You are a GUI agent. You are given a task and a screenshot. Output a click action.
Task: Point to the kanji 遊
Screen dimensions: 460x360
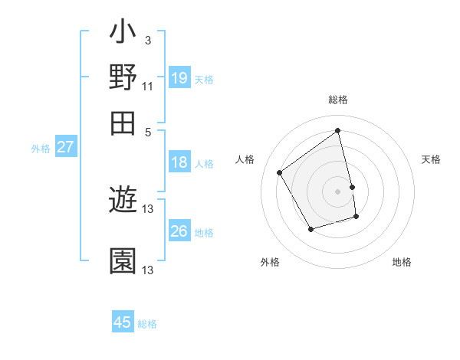pos(123,201)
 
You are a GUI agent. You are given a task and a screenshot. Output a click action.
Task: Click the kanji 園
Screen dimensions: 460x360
pos(123,260)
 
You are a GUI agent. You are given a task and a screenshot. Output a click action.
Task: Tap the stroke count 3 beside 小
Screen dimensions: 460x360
pos(147,40)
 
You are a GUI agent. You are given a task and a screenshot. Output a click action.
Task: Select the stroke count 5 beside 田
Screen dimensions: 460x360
pos(147,131)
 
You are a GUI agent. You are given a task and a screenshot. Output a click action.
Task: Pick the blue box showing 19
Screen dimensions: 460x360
pos(179,78)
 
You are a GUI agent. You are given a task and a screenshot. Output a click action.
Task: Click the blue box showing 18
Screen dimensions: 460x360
pos(179,162)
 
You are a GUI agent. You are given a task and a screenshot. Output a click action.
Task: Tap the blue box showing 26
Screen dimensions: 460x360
pos(179,231)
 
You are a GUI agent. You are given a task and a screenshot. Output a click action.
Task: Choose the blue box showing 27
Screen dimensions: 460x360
pos(66,147)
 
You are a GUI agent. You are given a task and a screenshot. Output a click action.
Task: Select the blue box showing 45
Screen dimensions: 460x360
pos(123,322)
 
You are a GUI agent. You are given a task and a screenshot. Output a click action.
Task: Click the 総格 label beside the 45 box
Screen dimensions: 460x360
pos(147,324)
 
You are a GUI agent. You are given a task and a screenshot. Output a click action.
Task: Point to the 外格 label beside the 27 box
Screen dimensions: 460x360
pos(41,149)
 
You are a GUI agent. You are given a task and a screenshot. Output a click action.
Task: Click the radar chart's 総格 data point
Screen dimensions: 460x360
pos(338,131)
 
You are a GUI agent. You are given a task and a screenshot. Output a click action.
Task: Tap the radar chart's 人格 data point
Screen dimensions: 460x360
pos(280,172)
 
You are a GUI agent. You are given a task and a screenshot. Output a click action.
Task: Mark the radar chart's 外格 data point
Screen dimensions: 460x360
pos(310,229)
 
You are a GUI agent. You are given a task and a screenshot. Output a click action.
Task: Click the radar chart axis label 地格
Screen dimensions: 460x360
pos(402,262)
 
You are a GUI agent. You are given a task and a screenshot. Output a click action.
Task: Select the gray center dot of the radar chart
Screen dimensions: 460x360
pos(338,191)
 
